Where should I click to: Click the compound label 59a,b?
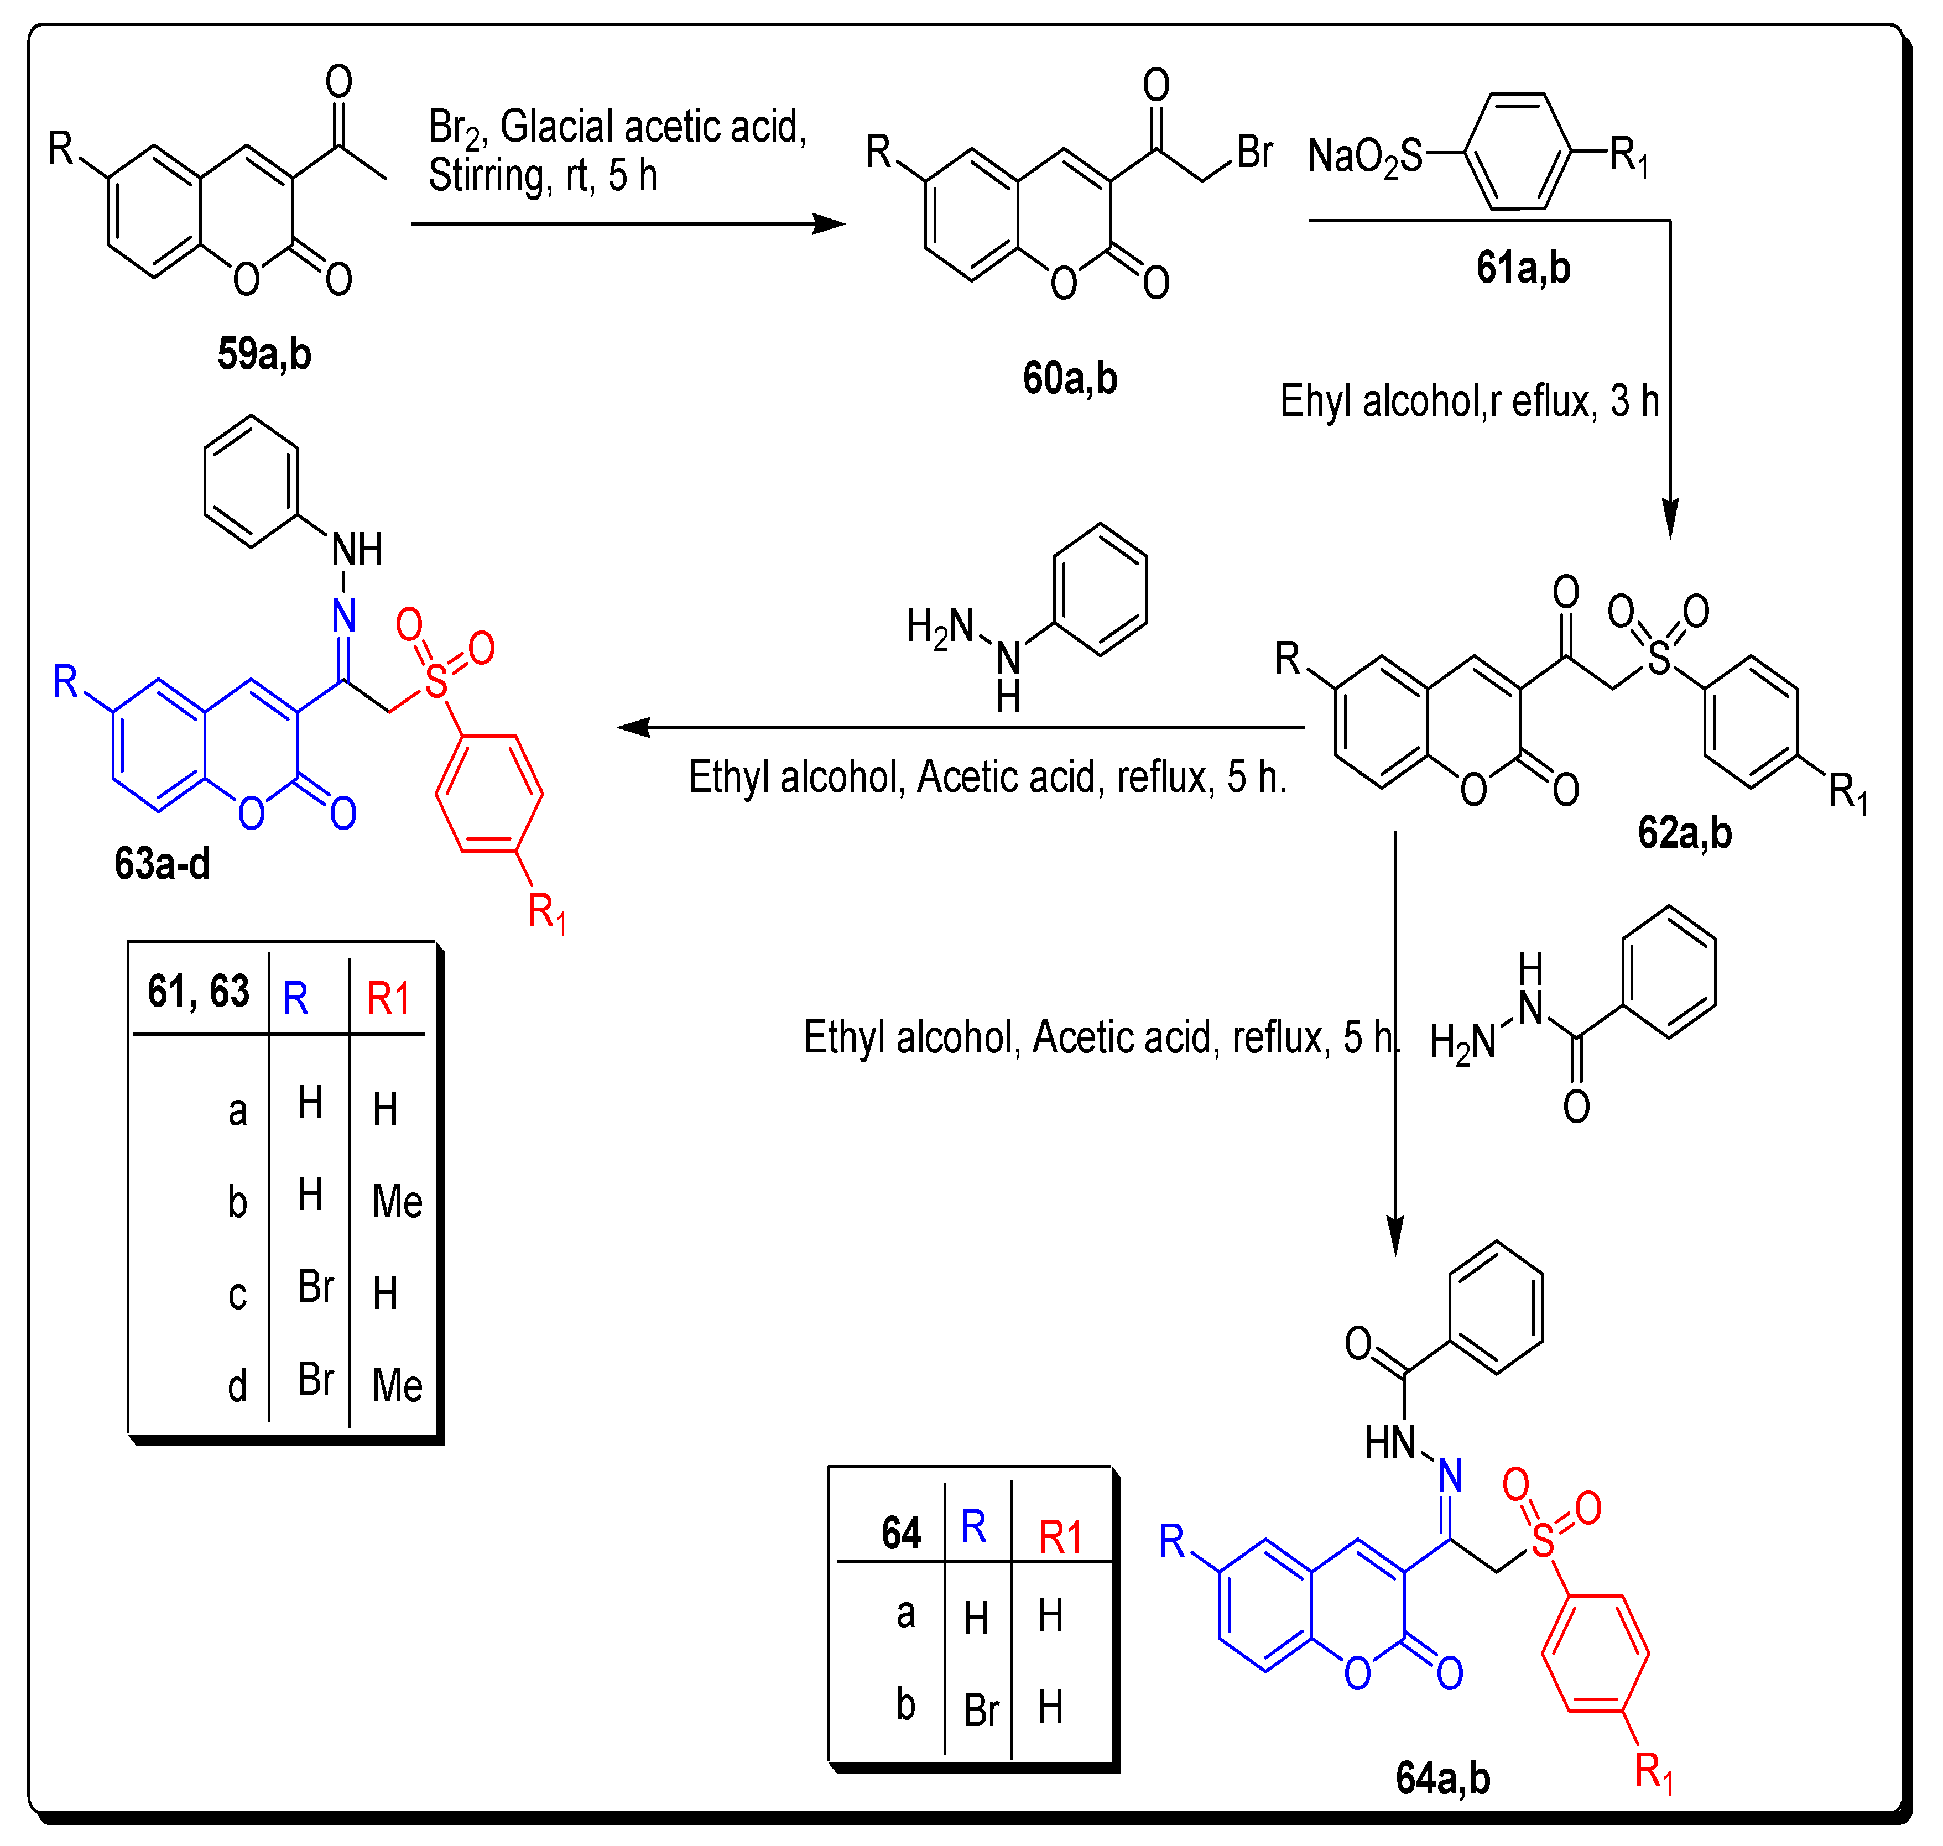pos(264,353)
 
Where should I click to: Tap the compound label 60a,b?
pos(1070,378)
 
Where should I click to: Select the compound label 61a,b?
pos(1523,268)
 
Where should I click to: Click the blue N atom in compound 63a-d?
pos(343,616)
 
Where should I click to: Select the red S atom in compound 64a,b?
pos(1543,1540)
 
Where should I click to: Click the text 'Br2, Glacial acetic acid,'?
pos(617,127)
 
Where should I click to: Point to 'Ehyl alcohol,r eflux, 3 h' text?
pos(1468,400)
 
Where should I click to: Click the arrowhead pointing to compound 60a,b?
pos(830,225)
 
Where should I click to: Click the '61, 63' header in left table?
pos(199,991)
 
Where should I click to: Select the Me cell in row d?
pos(397,1385)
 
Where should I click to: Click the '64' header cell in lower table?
pos(900,1532)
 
